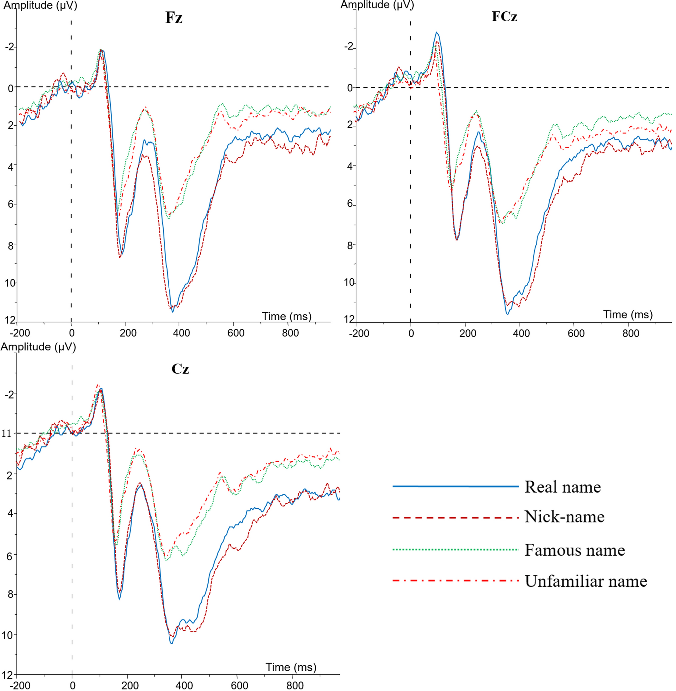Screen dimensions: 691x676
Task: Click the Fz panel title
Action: click(x=173, y=18)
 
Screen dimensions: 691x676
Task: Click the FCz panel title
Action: click(x=504, y=17)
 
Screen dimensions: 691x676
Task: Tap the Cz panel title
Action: click(x=180, y=369)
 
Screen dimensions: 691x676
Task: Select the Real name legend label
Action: click(x=563, y=487)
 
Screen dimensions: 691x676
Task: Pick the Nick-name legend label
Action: click(x=564, y=516)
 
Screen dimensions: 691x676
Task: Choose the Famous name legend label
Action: click(x=575, y=550)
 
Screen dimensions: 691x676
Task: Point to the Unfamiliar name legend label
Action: click(x=586, y=581)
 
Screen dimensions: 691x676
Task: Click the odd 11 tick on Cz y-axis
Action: click(x=7, y=433)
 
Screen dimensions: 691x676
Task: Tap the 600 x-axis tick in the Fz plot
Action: click(x=236, y=333)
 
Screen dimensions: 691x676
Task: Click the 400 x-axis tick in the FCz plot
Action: click(x=521, y=333)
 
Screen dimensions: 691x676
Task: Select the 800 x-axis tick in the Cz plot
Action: click(x=295, y=685)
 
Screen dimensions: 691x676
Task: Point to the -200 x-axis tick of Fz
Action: click(x=20, y=333)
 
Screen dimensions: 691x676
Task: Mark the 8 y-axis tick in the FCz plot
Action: click(x=350, y=245)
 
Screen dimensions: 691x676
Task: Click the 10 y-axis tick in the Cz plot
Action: click(x=8, y=635)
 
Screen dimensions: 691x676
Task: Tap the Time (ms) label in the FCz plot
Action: click(x=628, y=315)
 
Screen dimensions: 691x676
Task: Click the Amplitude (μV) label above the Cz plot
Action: click(x=38, y=347)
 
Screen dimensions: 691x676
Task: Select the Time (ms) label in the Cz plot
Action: click(x=291, y=667)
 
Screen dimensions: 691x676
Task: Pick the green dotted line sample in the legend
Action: click(x=456, y=550)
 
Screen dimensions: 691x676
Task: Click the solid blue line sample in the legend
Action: click(x=456, y=486)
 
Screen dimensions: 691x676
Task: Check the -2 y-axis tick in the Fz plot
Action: click(x=10, y=47)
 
